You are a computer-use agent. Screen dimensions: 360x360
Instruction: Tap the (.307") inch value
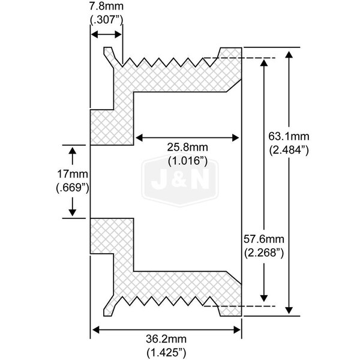click(x=106, y=21)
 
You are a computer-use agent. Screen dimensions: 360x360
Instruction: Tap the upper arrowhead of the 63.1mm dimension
click(x=290, y=53)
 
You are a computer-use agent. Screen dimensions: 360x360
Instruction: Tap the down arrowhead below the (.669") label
click(x=73, y=212)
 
